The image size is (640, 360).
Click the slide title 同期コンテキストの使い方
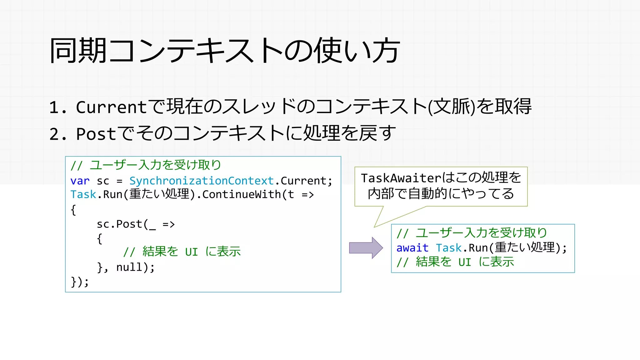point(224,51)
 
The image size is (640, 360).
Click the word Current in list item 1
point(111,107)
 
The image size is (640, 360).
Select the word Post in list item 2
point(96,134)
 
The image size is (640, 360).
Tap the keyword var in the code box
point(80,181)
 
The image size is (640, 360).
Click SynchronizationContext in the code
point(202,181)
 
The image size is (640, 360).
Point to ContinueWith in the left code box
point(242,195)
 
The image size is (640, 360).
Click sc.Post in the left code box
point(119,224)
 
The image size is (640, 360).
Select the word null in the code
point(129,267)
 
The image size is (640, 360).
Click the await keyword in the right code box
point(412,248)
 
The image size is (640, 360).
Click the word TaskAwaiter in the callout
point(401,178)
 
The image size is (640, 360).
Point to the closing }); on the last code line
point(80,282)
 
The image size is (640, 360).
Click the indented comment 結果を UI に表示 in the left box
point(182,252)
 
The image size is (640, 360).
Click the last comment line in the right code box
point(455,262)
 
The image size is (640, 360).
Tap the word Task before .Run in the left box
point(83,195)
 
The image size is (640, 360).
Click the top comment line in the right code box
point(472,233)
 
